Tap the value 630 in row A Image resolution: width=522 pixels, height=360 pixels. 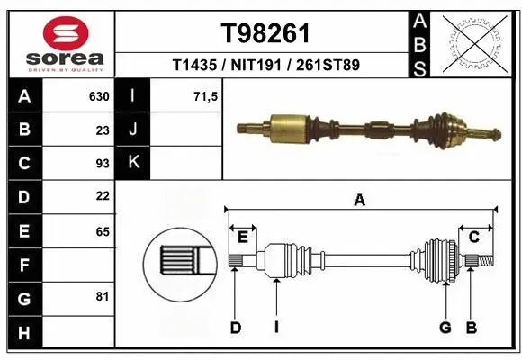99,96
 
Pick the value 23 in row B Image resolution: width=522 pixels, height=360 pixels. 103,130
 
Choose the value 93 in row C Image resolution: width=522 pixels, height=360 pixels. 103,163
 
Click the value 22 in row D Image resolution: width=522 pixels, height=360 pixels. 103,196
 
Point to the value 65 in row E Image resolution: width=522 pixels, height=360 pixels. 103,230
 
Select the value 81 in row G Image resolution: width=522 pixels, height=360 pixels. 103,296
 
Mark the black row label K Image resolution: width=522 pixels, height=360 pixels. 133,163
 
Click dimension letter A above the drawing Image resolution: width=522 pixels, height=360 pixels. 359,201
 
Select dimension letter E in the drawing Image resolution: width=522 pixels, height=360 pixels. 242,236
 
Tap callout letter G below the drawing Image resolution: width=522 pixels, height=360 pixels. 445,327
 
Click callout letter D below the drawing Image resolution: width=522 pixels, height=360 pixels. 236,327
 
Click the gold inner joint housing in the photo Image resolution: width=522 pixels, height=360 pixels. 291,127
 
